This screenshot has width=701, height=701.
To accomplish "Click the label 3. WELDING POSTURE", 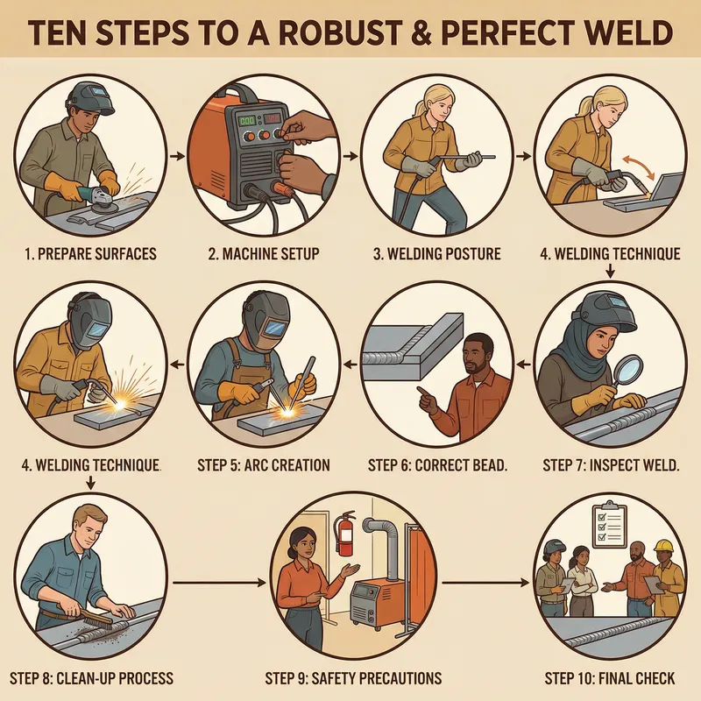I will coord(436,255).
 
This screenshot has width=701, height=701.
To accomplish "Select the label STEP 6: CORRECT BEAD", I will coord(437,464).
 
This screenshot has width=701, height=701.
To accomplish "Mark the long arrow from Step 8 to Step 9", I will coord(218,582).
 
